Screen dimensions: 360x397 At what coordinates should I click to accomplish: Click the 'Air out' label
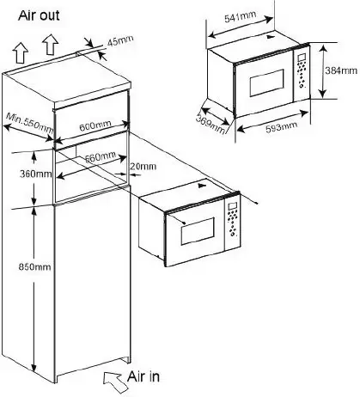39,15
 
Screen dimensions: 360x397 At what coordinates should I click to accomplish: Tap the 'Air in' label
143,376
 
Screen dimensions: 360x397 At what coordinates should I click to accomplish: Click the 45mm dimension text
120,40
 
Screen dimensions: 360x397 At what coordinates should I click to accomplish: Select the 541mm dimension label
240,17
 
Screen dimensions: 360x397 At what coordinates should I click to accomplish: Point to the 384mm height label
341,70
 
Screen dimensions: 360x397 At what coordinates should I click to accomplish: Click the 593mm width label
282,127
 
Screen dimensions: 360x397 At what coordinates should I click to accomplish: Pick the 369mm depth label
211,124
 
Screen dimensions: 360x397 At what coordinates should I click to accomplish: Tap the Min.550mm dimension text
30,123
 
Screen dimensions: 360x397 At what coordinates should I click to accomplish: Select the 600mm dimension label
95,125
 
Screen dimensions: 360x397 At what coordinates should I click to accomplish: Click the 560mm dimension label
101,156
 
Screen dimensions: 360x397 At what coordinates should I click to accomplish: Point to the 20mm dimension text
143,166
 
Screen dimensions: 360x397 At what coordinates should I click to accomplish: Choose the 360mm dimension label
36,174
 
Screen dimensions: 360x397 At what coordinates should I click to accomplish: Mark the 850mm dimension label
34,266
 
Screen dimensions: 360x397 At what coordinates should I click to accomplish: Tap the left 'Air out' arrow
21,52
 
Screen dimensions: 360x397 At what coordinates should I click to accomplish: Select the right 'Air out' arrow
50,44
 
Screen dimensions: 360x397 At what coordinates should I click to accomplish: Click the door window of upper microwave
267,82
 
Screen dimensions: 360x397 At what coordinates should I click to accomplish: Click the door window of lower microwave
198,231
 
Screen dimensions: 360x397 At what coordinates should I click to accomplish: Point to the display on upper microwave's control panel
302,58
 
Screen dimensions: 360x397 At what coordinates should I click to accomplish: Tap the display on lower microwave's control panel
232,206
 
